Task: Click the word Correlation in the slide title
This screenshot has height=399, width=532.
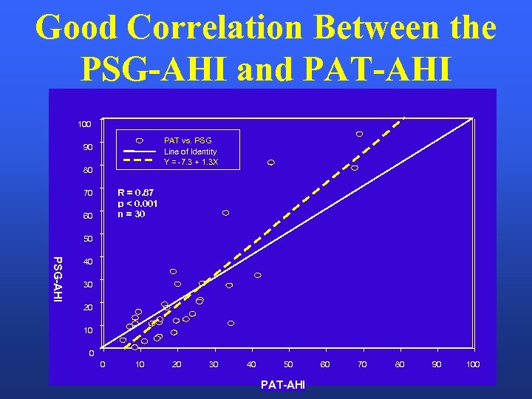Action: point(214,28)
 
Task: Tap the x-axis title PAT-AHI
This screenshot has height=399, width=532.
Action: point(284,385)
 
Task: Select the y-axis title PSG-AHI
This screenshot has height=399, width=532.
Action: point(57,278)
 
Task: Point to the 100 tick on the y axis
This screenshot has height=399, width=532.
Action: point(86,124)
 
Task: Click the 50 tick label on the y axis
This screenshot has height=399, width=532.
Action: point(88,239)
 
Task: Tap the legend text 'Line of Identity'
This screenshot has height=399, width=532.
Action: point(190,151)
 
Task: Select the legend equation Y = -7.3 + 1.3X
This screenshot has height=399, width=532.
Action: point(191,163)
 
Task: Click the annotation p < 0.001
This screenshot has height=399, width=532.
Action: point(137,204)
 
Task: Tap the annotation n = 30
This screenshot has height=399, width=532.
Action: point(132,214)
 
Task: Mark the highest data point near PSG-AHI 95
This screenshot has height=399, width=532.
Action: point(359,134)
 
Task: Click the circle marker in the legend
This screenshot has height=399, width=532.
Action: point(139,140)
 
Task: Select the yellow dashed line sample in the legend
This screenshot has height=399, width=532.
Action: point(139,160)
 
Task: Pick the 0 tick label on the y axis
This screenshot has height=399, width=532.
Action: point(92,353)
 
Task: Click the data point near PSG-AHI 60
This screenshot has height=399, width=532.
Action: point(225,213)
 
